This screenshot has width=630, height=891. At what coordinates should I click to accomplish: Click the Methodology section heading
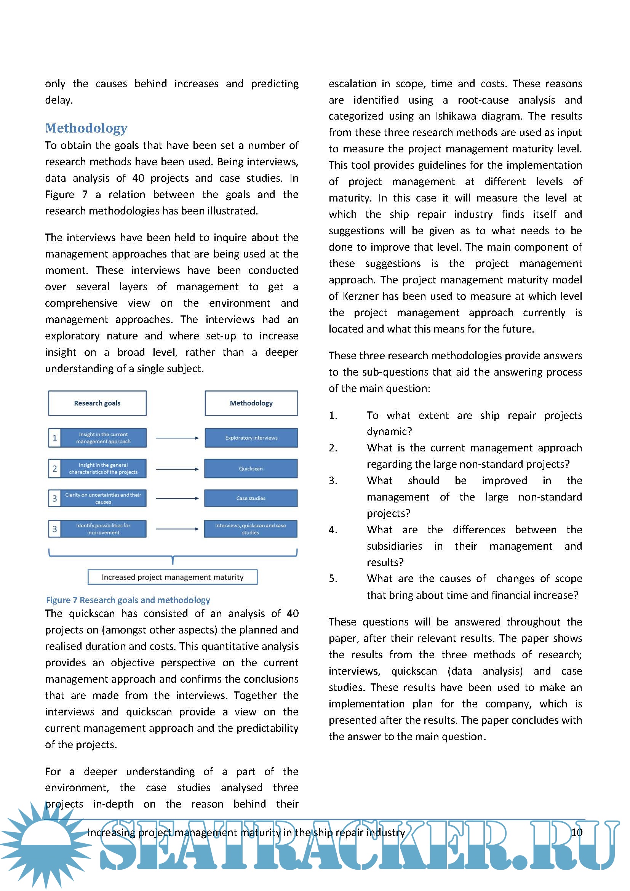click(86, 128)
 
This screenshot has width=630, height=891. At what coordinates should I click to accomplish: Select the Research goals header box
click(98, 403)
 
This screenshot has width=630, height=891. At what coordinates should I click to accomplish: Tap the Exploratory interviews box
click(251, 438)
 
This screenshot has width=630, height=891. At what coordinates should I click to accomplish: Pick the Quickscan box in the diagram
click(251, 469)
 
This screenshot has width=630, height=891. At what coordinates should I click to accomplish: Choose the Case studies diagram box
click(251, 498)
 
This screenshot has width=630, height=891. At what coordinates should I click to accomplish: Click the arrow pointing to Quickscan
click(177, 469)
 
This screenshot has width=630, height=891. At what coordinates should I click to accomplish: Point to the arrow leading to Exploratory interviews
click(177, 438)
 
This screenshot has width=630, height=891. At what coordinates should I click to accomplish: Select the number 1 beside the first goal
click(55, 438)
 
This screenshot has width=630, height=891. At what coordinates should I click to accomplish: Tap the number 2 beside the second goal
click(55, 469)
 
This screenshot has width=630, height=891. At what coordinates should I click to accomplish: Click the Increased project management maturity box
click(173, 577)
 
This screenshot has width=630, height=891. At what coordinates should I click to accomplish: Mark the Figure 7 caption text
click(128, 600)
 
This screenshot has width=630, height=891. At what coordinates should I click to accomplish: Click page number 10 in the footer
click(576, 832)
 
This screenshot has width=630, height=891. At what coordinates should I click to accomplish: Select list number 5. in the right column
click(333, 579)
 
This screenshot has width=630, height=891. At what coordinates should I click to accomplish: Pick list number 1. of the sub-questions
click(333, 416)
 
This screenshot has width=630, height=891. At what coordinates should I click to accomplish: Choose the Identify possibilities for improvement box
click(103, 529)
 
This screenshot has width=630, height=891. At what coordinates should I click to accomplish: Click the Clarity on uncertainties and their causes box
click(103, 498)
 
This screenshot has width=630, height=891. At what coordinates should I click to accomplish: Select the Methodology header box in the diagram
click(251, 403)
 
